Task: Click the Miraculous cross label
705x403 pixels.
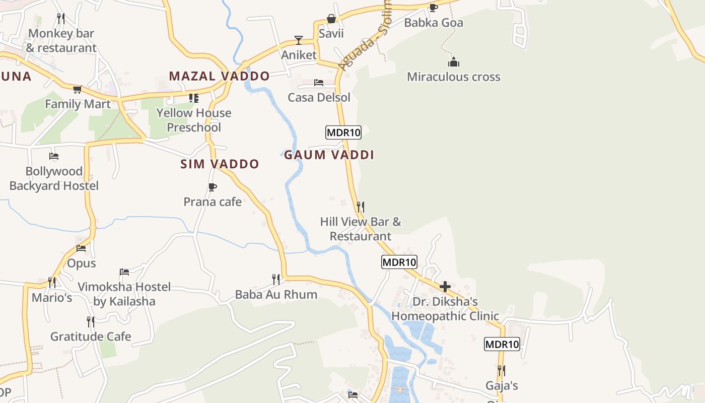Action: pyautogui.click(x=453, y=77)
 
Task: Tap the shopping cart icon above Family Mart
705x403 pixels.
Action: pyautogui.click(x=77, y=90)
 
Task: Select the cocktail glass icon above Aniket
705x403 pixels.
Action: pyautogui.click(x=299, y=40)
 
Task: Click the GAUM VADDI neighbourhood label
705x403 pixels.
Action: pyautogui.click(x=329, y=155)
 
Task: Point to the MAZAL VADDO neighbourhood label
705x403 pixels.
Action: pyautogui.click(x=219, y=77)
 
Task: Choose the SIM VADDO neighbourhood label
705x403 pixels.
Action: pyautogui.click(x=220, y=164)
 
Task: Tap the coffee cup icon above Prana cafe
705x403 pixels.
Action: pyautogui.click(x=213, y=187)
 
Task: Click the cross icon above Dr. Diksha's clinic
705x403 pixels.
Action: pyautogui.click(x=445, y=287)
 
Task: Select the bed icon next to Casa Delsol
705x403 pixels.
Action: pyautogui.click(x=319, y=83)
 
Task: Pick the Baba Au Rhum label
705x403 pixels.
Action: pyautogui.click(x=276, y=295)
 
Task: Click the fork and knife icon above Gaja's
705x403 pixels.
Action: pyautogui.click(x=502, y=371)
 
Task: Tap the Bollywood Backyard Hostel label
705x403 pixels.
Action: pyautogui.click(x=54, y=179)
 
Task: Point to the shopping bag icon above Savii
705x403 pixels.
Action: pyautogui.click(x=331, y=19)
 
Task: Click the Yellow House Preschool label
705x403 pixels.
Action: pyautogui.click(x=194, y=120)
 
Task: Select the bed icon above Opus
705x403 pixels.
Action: pyautogui.click(x=81, y=248)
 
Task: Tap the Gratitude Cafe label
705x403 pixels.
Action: pyautogui.click(x=91, y=337)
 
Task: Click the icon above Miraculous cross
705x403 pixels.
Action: pyautogui.click(x=454, y=62)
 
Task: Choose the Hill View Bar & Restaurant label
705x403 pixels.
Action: pyautogui.click(x=361, y=229)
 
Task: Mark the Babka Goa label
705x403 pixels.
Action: pyautogui.click(x=434, y=23)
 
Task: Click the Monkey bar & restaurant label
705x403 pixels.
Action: pyautogui.click(x=61, y=41)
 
